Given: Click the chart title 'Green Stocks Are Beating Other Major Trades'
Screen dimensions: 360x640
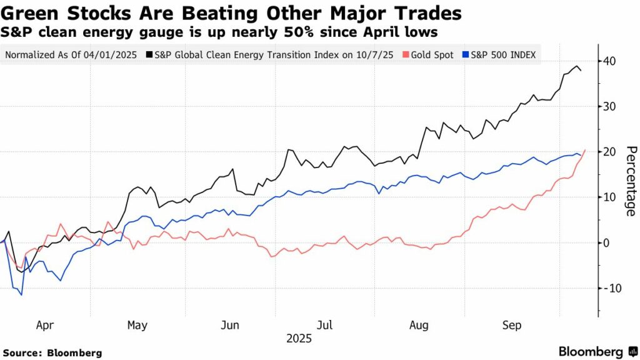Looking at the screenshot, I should (231, 13).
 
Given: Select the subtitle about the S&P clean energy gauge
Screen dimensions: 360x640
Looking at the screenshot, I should (219, 31).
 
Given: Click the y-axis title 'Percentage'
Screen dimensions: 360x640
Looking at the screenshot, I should (630, 181).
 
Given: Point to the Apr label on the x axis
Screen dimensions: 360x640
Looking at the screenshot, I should (46, 325).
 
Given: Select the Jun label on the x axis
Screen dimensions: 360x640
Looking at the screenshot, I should (231, 325).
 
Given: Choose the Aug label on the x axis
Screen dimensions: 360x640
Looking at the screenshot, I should (418, 325).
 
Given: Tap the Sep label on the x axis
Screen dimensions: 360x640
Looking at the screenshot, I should (512, 325).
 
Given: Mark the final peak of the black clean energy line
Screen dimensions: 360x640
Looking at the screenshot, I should (576, 66).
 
